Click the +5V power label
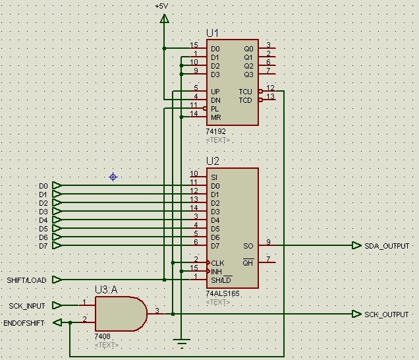click(x=161, y=6)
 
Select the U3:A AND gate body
click(x=121, y=314)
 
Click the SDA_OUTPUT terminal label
click(x=387, y=246)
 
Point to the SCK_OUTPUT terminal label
click(x=387, y=315)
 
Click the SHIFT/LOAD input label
click(x=26, y=280)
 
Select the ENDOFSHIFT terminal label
click(x=24, y=323)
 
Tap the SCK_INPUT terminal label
click(x=27, y=306)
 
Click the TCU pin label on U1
click(x=245, y=92)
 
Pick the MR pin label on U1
click(x=216, y=117)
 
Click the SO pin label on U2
click(x=248, y=246)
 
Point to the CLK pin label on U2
click(x=217, y=263)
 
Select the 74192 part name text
click(x=215, y=132)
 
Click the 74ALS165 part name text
click(x=223, y=293)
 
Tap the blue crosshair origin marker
click(x=113, y=177)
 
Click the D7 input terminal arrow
click(x=57, y=245)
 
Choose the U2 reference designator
click(x=213, y=161)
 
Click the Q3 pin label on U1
click(x=248, y=75)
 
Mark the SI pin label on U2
click(x=214, y=177)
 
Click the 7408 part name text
click(x=102, y=336)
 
